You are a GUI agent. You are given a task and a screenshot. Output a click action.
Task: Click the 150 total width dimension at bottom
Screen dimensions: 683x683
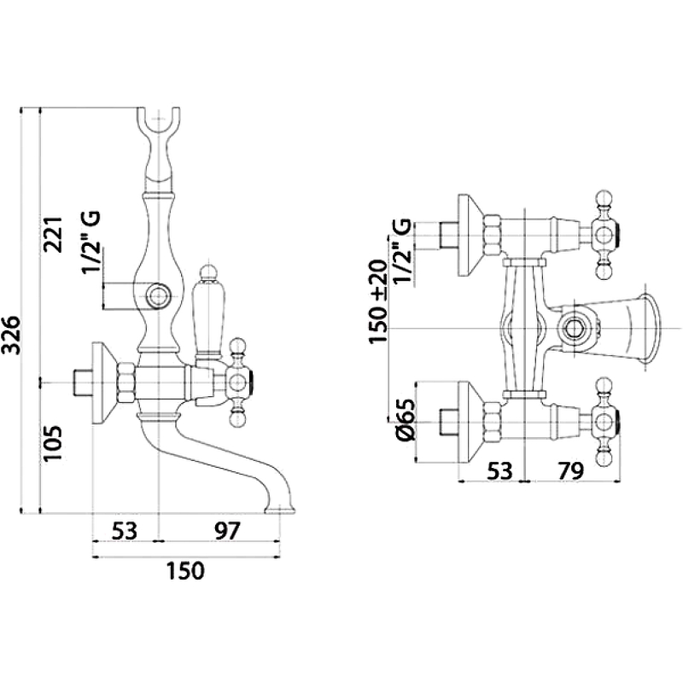(185, 570)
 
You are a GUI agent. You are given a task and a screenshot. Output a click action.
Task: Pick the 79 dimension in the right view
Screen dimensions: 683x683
(570, 470)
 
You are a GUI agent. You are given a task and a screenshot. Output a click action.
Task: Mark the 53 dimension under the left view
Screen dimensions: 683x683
(125, 530)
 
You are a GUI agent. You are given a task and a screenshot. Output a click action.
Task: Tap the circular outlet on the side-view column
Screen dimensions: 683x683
(160, 297)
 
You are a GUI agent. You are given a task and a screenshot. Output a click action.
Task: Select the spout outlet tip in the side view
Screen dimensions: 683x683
(282, 510)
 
